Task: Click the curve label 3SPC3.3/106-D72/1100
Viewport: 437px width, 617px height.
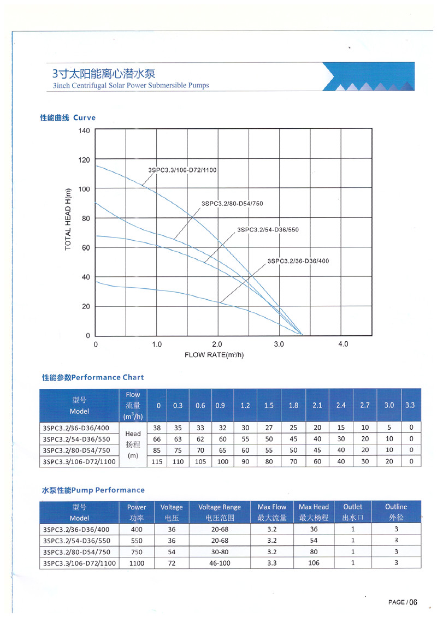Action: pyautogui.click(x=182, y=170)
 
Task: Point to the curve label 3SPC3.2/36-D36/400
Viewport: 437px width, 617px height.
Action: pyautogui.click(x=298, y=261)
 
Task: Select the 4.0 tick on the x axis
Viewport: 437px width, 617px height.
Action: pyautogui.click(x=343, y=345)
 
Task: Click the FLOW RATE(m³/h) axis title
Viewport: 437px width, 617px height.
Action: pyautogui.click(x=214, y=355)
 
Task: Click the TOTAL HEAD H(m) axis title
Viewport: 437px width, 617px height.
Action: pyautogui.click(x=68, y=219)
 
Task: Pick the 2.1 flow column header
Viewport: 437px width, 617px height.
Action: pyautogui.click(x=317, y=405)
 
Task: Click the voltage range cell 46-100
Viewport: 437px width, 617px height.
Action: pyautogui.click(x=220, y=563)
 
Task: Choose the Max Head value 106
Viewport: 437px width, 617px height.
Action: pyautogui.click(x=314, y=563)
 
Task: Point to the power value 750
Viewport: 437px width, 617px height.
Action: pyautogui.click(x=137, y=552)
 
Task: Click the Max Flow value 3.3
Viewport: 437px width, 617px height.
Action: pyautogui.click(x=272, y=563)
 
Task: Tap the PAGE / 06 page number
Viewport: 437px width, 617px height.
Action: pyautogui.click(x=403, y=602)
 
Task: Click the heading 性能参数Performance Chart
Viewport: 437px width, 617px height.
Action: pyautogui.click(x=93, y=377)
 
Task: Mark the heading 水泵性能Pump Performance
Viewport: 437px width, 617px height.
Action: pyautogui.click(x=93, y=490)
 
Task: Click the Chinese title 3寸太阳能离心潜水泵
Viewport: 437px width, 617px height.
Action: pyautogui.click(x=104, y=74)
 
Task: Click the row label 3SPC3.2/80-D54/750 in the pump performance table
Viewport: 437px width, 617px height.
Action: pyautogui.click(x=76, y=552)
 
